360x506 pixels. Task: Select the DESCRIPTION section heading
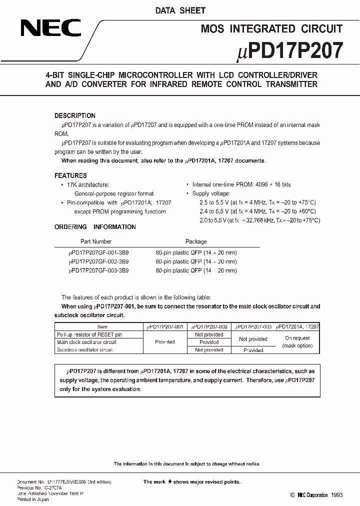(75, 115)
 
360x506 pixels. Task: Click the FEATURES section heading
(70, 175)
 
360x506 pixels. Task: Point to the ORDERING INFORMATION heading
(95, 227)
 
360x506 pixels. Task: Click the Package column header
(196, 241)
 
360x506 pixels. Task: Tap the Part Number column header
(96, 241)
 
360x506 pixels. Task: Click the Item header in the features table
(101, 326)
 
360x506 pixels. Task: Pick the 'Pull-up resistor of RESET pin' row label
(89, 334)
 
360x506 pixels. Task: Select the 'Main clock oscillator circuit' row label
(86, 342)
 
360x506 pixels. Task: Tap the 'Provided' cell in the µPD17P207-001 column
(164, 342)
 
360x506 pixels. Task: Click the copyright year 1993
(336, 495)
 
